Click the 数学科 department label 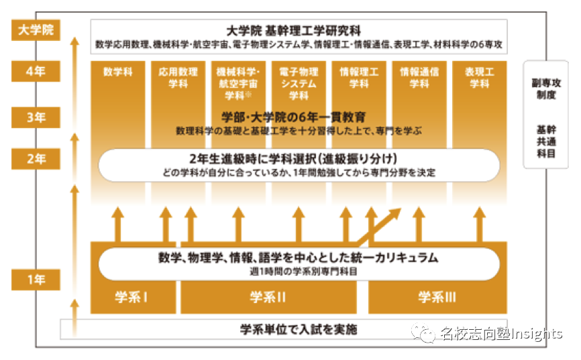[x=117, y=72]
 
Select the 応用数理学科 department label [x=177, y=78]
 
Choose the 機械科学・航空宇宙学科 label [x=237, y=83]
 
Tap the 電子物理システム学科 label [x=298, y=83]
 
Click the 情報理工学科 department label [x=358, y=78]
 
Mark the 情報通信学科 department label [x=419, y=78]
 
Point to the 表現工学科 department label [x=479, y=78]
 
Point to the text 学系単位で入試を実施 [x=299, y=329]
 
